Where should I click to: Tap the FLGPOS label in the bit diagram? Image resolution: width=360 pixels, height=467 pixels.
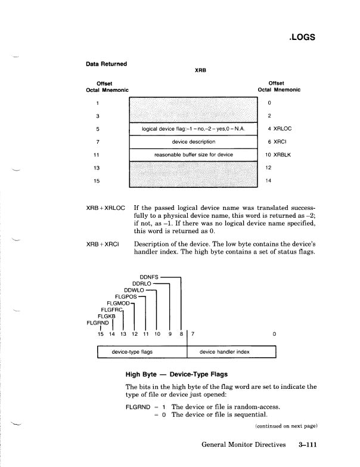126,296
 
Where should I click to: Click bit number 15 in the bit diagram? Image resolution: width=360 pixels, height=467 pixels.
101,334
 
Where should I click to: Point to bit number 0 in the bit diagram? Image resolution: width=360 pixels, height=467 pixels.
275,334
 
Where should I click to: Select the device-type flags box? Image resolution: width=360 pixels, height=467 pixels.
142,352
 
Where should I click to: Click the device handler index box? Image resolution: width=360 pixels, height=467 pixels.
232,352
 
